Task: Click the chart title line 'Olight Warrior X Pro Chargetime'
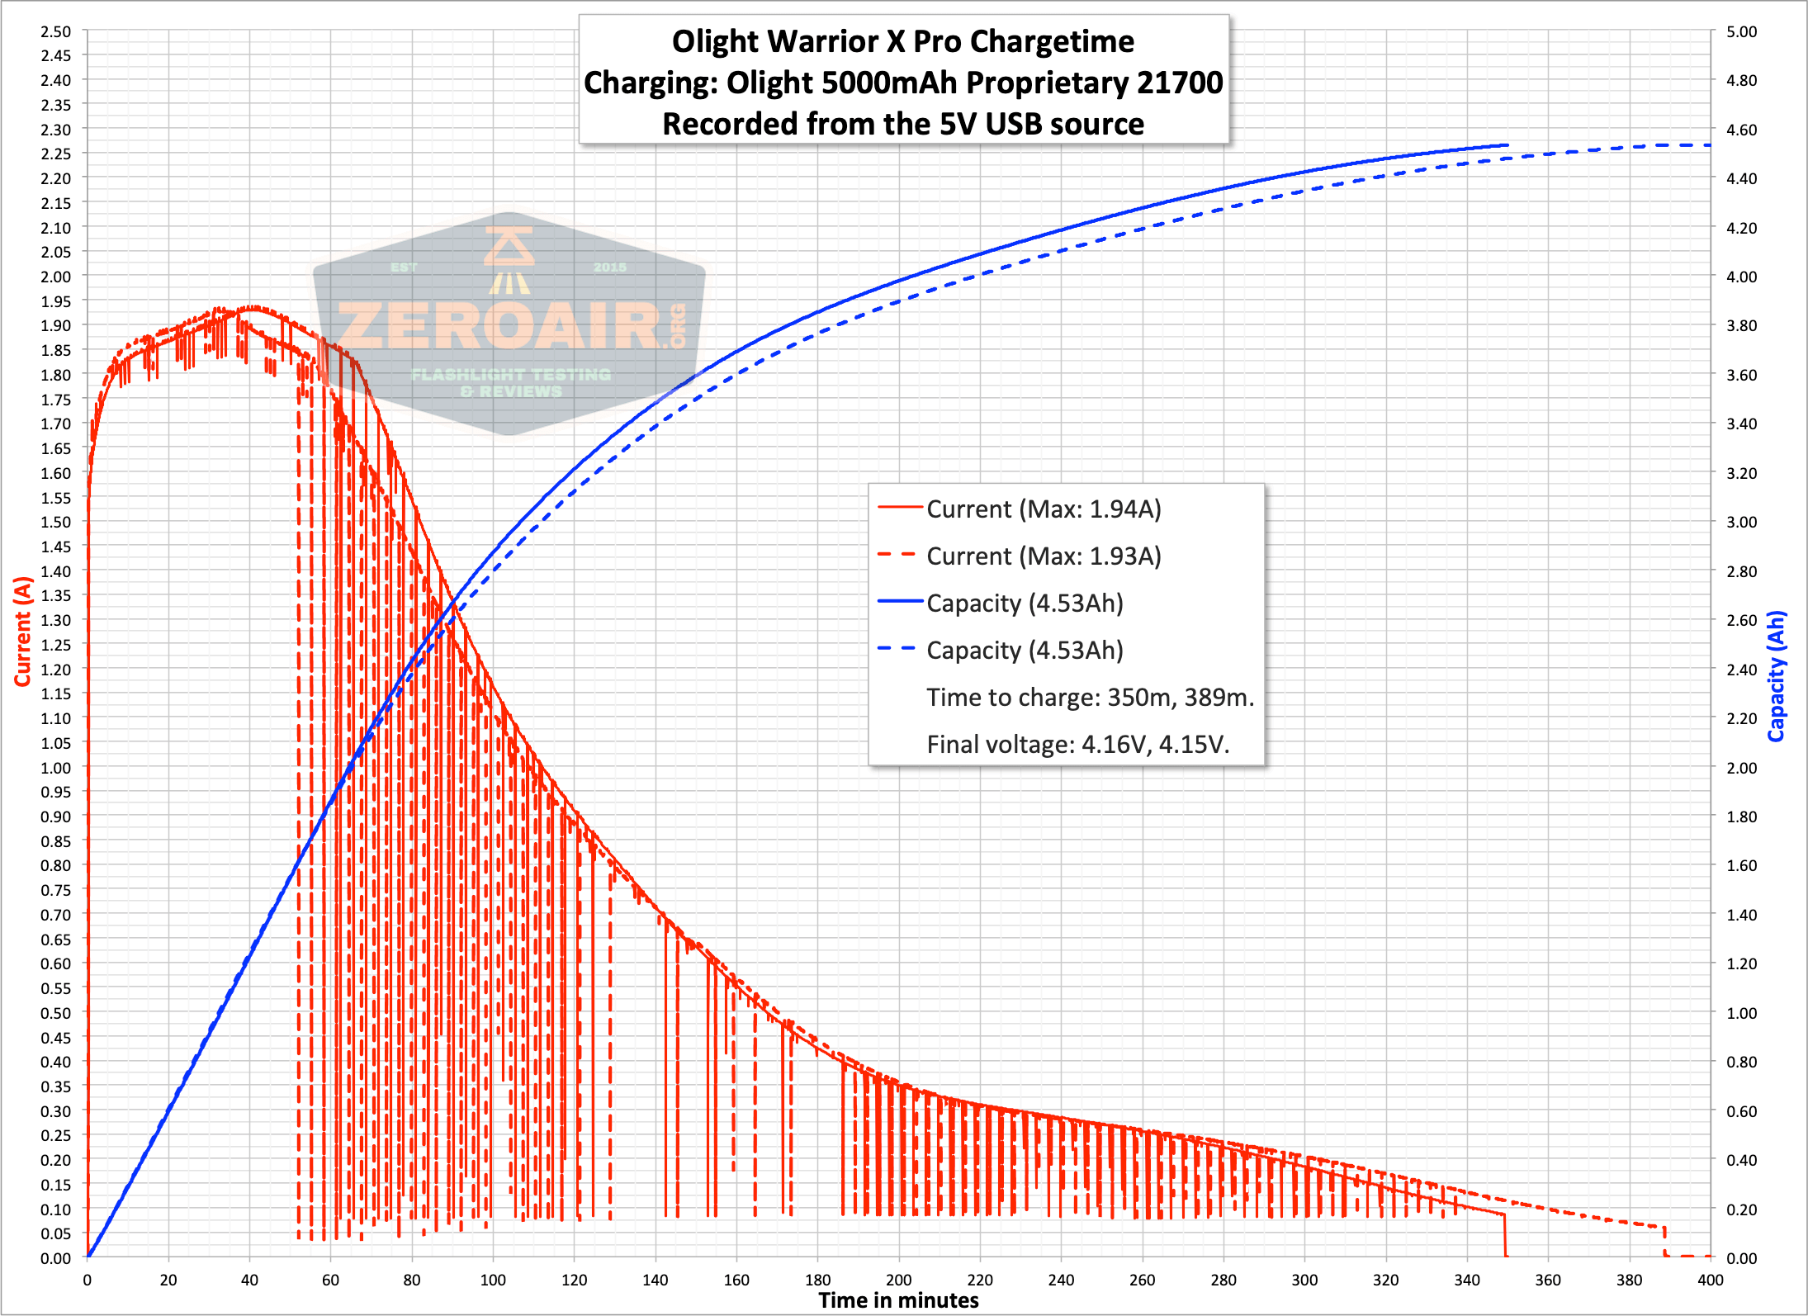pos(903,41)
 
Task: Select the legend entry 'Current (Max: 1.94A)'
pos(1044,509)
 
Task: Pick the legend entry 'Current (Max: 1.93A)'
pos(1044,556)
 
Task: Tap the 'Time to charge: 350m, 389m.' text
pos(1090,698)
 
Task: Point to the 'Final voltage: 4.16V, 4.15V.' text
pos(1077,745)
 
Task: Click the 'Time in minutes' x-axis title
pos(898,1301)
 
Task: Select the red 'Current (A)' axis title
pos(22,632)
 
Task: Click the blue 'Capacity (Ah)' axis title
pos(1777,676)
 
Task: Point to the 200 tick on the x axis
pos(898,1280)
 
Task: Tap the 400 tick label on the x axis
pos(1710,1280)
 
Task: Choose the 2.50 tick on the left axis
pos(55,31)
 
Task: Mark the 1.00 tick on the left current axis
pos(55,768)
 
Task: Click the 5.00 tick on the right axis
pos(1741,31)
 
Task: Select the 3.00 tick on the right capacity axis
pos(1741,523)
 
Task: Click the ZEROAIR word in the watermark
pos(500,327)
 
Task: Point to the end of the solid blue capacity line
pos(1507,145)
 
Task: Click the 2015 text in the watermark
pos(609,267)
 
